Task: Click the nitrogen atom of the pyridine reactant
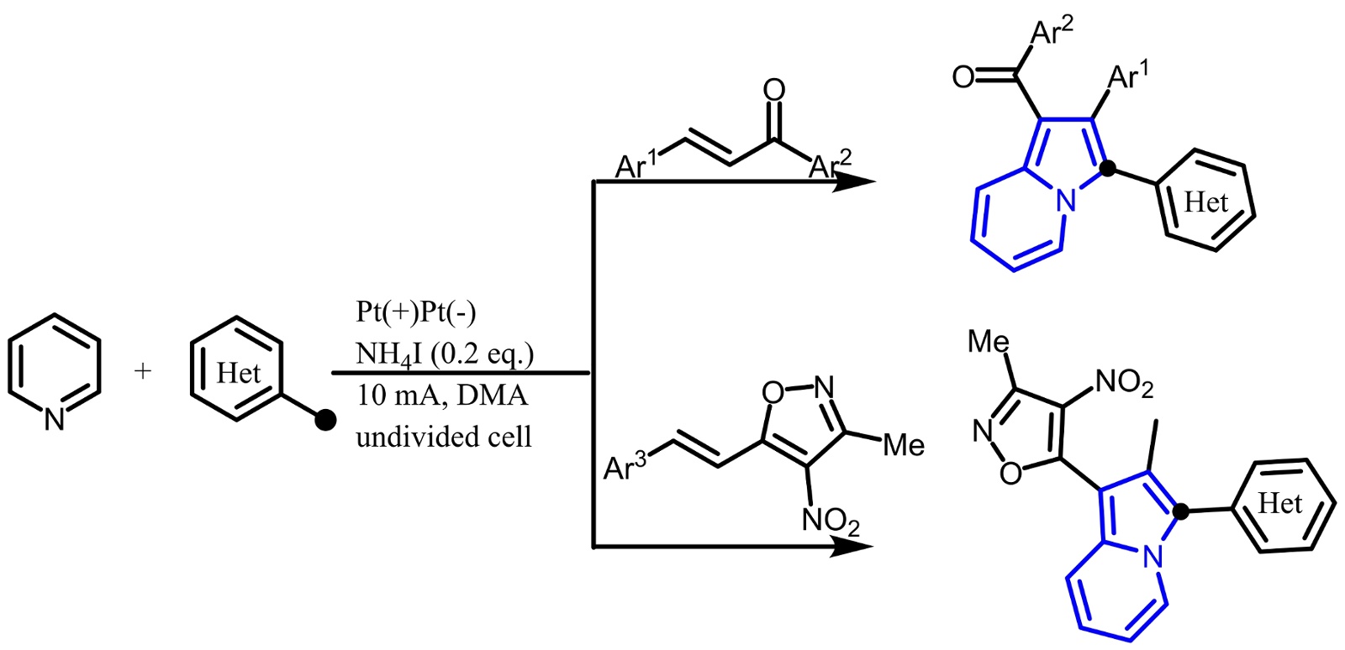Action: click(55, 418)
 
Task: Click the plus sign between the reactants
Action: click(143, 370)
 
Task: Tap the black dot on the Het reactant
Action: click(324, 419)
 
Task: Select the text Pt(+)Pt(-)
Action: click(415, 312)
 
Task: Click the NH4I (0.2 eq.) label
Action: click(445, 354)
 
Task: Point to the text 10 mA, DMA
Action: click(441, 395)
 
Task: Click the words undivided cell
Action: click(443, 437)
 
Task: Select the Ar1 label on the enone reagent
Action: click(636, 165)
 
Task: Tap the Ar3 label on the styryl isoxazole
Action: click(625, 467)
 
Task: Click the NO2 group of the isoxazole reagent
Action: click(831, 522)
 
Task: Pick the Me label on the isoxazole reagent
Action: click(904, 445)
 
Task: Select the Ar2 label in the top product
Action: click(1052, 32)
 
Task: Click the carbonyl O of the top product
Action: click(963, 77)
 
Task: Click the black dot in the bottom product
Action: click(1181, 511)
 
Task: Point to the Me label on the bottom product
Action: click(989, 341)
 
